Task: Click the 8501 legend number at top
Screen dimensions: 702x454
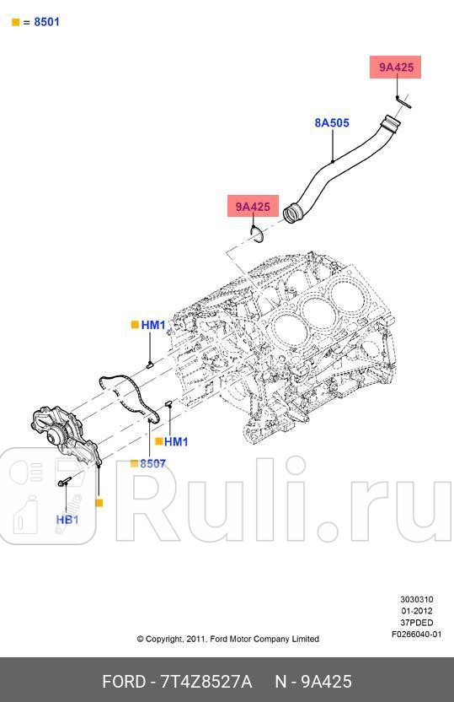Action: [46, 22]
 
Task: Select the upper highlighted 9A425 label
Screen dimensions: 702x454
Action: [396, 67]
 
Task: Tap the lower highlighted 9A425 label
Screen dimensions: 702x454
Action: [252, 207]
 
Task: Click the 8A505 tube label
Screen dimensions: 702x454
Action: [332, 122]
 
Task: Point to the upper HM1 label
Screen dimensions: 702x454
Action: [153, 325]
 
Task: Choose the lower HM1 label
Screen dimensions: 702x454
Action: [176, 441]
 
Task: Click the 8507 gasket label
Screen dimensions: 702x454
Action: [152, 463]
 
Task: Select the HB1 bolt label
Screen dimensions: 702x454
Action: [67, 520]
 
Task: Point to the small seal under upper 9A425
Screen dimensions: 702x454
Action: [403, 103]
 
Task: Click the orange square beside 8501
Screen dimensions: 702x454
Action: [15, 22]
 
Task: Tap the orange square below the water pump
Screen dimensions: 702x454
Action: [99, 503]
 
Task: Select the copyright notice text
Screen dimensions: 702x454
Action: [227, 639]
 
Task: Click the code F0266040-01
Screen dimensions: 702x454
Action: [416, 634]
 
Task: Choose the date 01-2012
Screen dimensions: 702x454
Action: [416, 611]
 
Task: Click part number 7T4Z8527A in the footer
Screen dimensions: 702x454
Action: [200, 681]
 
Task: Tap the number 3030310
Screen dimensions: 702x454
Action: [416, 600]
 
